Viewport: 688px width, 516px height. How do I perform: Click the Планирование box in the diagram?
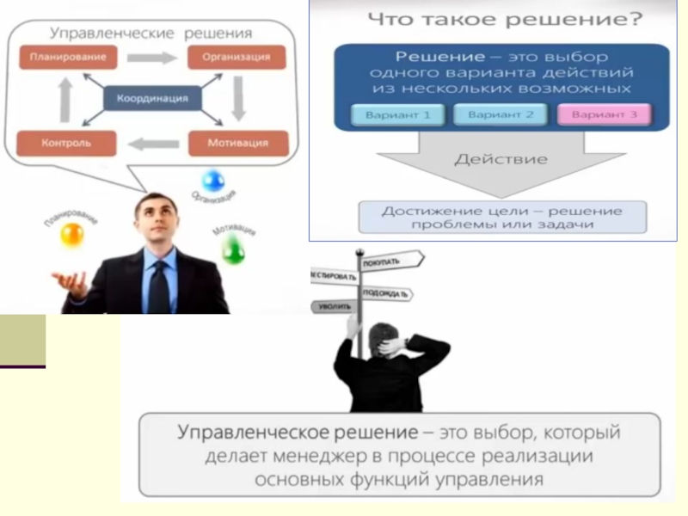coord(68,58)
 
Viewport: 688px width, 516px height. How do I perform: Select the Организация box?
coord(236,58)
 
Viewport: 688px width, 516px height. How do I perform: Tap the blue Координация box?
coord(152,98)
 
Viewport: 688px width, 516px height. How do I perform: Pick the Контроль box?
coord(66,142)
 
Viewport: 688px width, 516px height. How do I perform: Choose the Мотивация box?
coord(237,142)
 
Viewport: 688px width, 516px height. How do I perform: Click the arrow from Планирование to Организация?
coord(151,58)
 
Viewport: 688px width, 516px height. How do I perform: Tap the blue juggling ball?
coord(212,181)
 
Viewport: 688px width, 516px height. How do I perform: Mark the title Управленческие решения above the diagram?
coord(151,33)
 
